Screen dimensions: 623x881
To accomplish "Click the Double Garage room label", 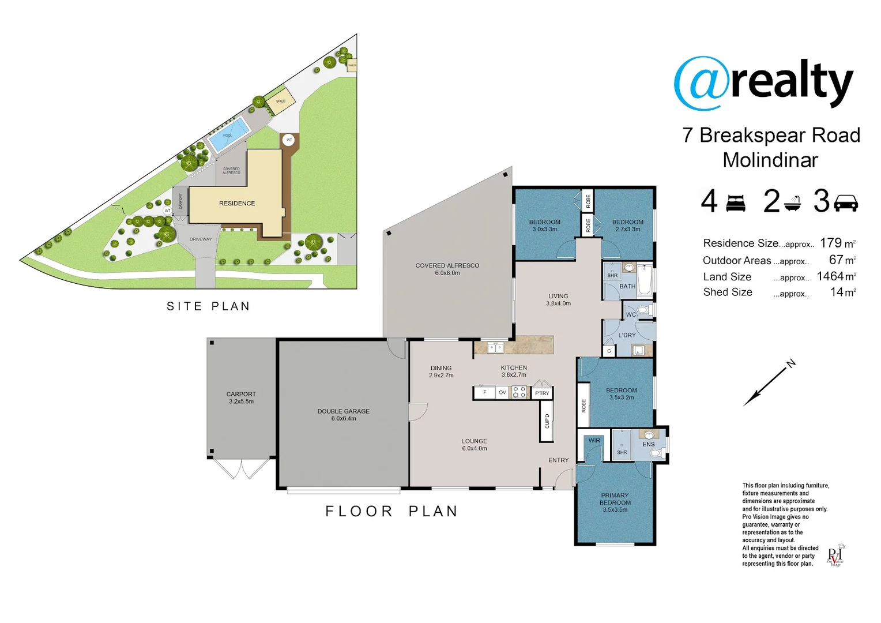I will pyautogui.click(x=343, y=415).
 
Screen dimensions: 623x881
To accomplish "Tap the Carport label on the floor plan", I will pyautogui.click(x=241, y=397).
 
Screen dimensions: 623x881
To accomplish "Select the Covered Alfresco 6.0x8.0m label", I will pyautogui.click(x=447, y=269).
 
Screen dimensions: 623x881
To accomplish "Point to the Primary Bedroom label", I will pyautogui.click(x=615, y=502).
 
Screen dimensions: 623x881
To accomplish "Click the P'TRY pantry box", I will pyautogui.click(x=542, y=393).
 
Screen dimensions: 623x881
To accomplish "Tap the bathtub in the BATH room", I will pyautogui.click(x=645, y=280).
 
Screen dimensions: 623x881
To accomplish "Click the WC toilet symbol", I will pyautogui.click(x=643, y=310).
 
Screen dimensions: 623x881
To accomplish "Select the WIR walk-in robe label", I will pyautogui.click(x=594, y=441).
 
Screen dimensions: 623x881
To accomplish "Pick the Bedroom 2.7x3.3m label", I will pyautogui.click(x=627, y=225).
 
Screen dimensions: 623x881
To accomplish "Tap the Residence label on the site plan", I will pyautogui.click(x=237, y=203).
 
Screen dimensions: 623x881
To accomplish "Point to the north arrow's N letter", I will pyautogui.click(x=792, y=363).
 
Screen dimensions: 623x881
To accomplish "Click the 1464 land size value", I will pyautogui.click(x=830, y=276).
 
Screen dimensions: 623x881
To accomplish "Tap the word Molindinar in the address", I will pyautogui.click(x=770, y=160).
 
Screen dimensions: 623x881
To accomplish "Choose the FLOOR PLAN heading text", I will pyautogui.click(x=391, y=511).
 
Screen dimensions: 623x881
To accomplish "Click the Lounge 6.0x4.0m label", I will pyautogui.click(x=474, y=444).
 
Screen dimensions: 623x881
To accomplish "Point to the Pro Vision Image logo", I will pyautogui.click(x=835, y=555).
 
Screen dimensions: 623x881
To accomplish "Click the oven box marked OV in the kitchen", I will pyautogui.click(x=502, y=392).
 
